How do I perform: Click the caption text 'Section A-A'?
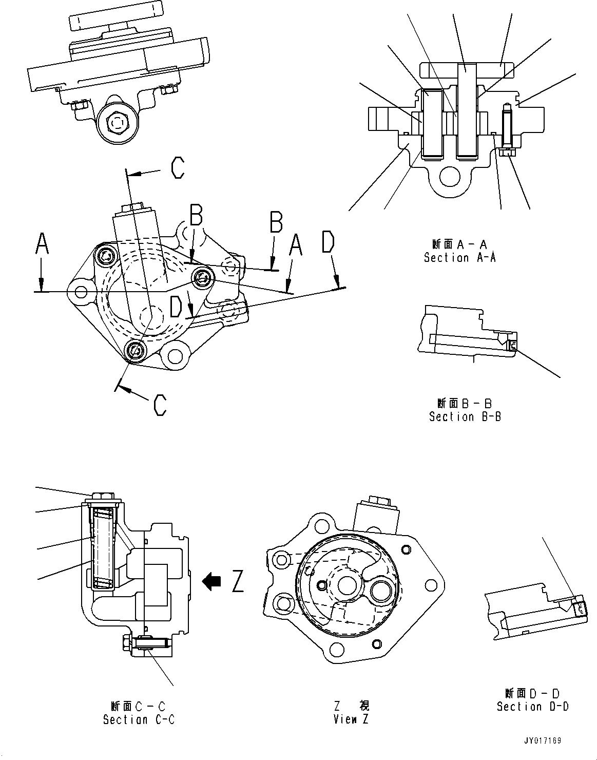tap(459, 258)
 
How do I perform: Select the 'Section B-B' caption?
tap(465, 416)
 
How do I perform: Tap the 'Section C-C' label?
tap(139, 719)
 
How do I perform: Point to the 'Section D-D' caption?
tap(532, 706)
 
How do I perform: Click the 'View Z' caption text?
tap(351, 719)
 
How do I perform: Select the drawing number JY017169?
tap(542, 741)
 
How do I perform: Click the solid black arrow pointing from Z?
tap(211, 581)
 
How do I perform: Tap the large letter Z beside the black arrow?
tap(237, 581)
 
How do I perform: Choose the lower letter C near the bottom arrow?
tap(160, 405)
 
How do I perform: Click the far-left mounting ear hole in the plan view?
tap(81, 292)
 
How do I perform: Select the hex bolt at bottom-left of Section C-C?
tap(126, 642)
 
